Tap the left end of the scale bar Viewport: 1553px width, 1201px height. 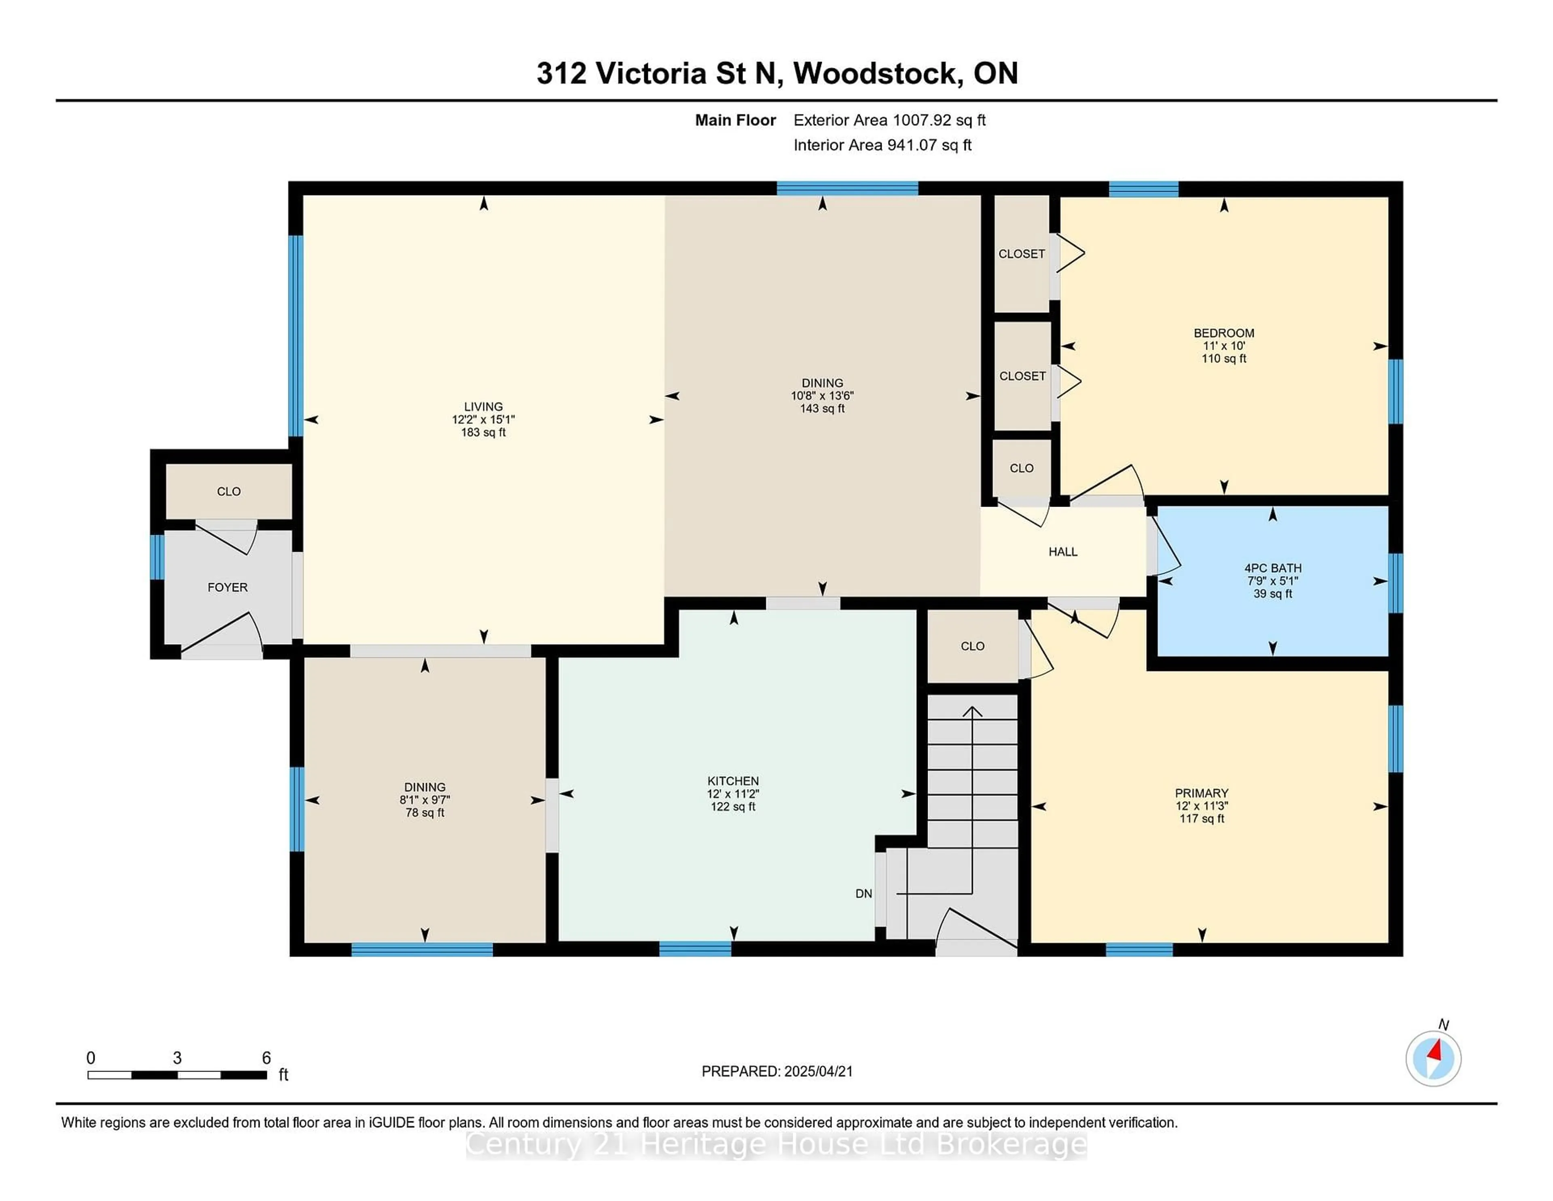pyautogui.click(x=88, y=1075)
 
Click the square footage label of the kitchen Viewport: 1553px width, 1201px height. pyautogui.click(x=733, y=807)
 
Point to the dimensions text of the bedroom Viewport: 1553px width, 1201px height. pyautogui.click(x=1224, y=346)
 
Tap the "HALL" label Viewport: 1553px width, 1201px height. pyautogui.click(x=1063, y=552)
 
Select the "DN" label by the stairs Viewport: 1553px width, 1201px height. pyautogui.click(x=863, y=893)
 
